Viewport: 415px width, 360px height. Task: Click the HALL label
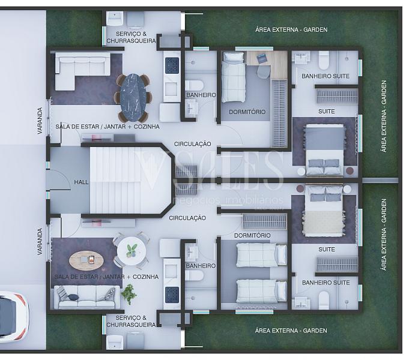coord(81,182)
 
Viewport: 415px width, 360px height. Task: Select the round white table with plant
coord(132,251)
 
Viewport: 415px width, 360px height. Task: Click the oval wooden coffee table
coord(86,260)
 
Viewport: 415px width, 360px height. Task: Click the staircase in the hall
coord(130,180)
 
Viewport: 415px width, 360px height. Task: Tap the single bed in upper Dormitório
coord(233,77)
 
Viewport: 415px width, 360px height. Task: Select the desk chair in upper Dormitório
coord(263,71)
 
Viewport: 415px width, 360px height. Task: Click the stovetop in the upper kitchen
coord(172,65)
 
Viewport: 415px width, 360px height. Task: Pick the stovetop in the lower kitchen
coord(172,295)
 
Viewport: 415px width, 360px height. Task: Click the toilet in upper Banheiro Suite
coord(324,60)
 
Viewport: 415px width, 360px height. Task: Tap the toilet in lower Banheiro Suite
coord(324,300)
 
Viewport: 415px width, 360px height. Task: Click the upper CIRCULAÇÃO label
coord(192,144)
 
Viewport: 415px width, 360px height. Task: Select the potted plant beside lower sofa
coord(129,294)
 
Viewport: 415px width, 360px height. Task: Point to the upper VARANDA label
coord(40,121)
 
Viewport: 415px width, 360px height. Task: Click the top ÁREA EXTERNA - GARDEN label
coord(291,29)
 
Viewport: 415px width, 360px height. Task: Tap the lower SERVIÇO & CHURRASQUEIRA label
coord(131,321)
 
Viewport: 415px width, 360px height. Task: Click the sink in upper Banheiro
coord(191,109)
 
